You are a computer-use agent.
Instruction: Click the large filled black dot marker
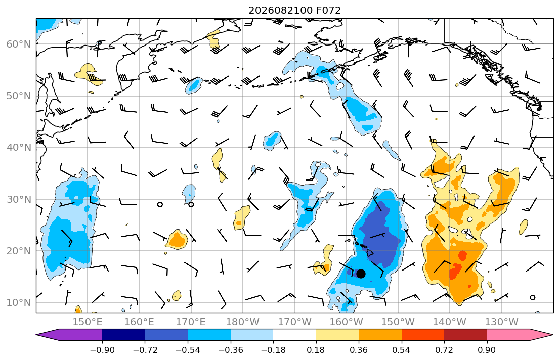[x=361, y=274]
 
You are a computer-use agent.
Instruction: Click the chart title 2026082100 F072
[x=294, y=10]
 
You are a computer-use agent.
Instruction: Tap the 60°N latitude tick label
[x=19, y=44]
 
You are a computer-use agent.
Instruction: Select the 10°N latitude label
[x=19, y=303]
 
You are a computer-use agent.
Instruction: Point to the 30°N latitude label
[x=19, y=199]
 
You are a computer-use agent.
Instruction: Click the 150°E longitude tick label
[x=88, y=322]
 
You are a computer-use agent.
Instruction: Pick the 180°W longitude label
[x=243, y=322]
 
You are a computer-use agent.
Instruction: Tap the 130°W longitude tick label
[x=502, y=322]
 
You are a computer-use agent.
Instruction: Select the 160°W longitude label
[x=346, y=322]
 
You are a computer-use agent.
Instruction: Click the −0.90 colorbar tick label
[x=102, y=350]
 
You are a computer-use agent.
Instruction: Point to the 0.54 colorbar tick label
[x=402, y=350]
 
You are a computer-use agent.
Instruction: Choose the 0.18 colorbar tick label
[x=316, y=350]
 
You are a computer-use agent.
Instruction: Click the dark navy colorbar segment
[x=123, y=335]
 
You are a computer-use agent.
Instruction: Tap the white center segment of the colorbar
[x=294, y=335]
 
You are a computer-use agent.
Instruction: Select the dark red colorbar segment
[x=465, y=335]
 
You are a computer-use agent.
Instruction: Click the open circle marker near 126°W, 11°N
[x=533, y=298]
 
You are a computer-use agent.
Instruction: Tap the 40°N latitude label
[x=19, y=148]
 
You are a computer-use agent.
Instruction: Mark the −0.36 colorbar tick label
[x=230, y=350]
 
